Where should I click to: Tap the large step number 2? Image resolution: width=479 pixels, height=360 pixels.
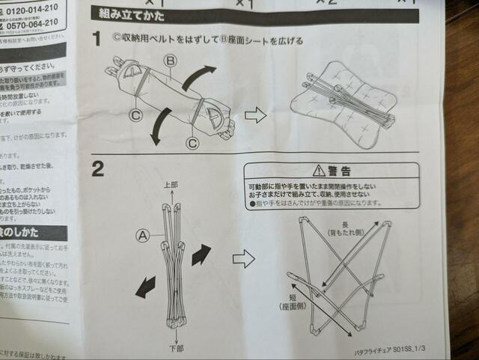(x=97, y=169)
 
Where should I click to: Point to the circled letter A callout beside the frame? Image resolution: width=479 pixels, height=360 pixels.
(x=142, y=234)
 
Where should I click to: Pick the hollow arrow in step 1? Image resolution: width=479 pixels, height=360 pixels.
(x=256, y=115)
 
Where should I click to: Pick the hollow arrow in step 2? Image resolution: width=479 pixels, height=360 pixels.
(x=243, y=259)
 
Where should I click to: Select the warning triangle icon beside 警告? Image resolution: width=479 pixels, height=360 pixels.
(x=319, y=171)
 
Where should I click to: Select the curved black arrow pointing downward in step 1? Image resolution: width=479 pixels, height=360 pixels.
(x=160, y=127)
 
